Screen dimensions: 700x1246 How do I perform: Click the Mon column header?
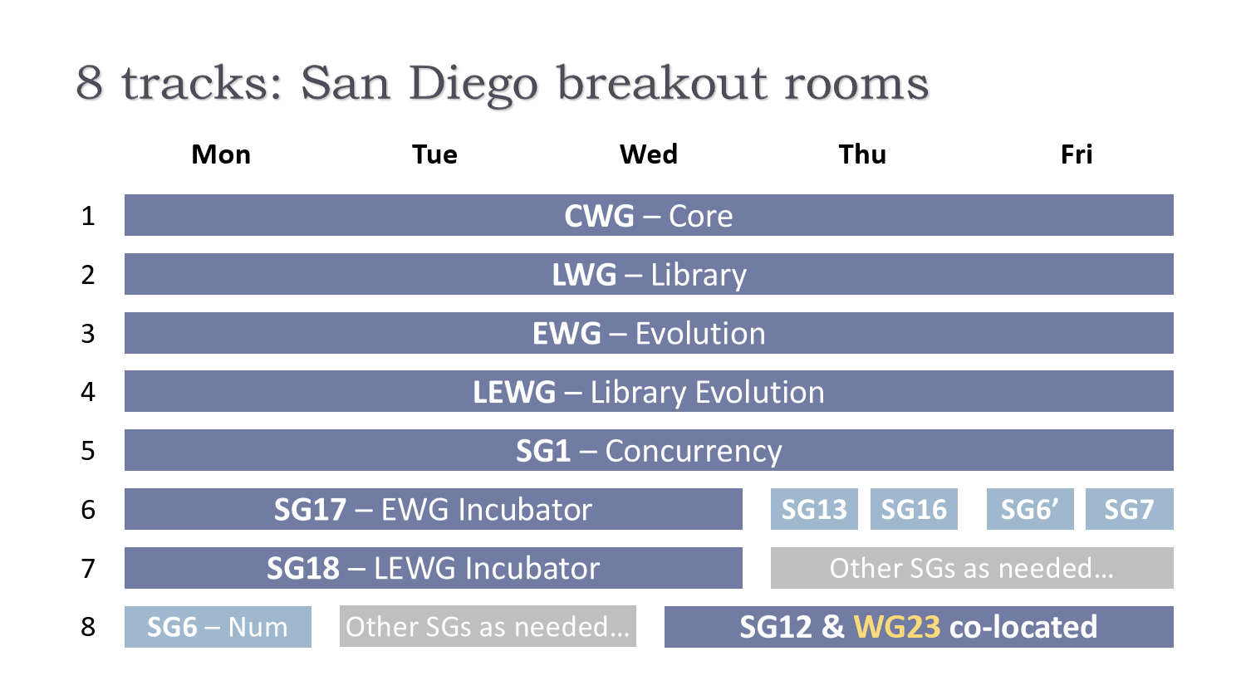221,154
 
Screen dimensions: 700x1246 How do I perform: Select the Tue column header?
434,154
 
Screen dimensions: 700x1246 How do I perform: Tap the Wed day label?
649,154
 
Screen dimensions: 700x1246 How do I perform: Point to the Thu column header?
862,154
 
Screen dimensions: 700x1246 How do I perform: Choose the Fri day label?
1077,154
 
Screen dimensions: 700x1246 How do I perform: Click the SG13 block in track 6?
814,509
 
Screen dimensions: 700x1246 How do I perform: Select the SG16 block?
914,509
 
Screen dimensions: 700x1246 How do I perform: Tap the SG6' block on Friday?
1030,509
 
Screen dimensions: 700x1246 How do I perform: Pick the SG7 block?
1129,509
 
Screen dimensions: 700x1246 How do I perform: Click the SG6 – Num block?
218,627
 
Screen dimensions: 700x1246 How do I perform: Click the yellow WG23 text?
896,627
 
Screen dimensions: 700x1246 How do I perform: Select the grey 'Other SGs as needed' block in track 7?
972,568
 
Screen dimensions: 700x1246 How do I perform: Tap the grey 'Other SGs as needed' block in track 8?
488,627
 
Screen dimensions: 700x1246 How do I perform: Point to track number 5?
88,451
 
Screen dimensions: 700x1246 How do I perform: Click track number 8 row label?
88,627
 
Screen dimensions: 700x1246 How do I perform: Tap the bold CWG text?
599,216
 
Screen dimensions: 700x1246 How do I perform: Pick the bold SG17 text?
310,509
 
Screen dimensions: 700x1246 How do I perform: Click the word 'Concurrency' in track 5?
694,451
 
